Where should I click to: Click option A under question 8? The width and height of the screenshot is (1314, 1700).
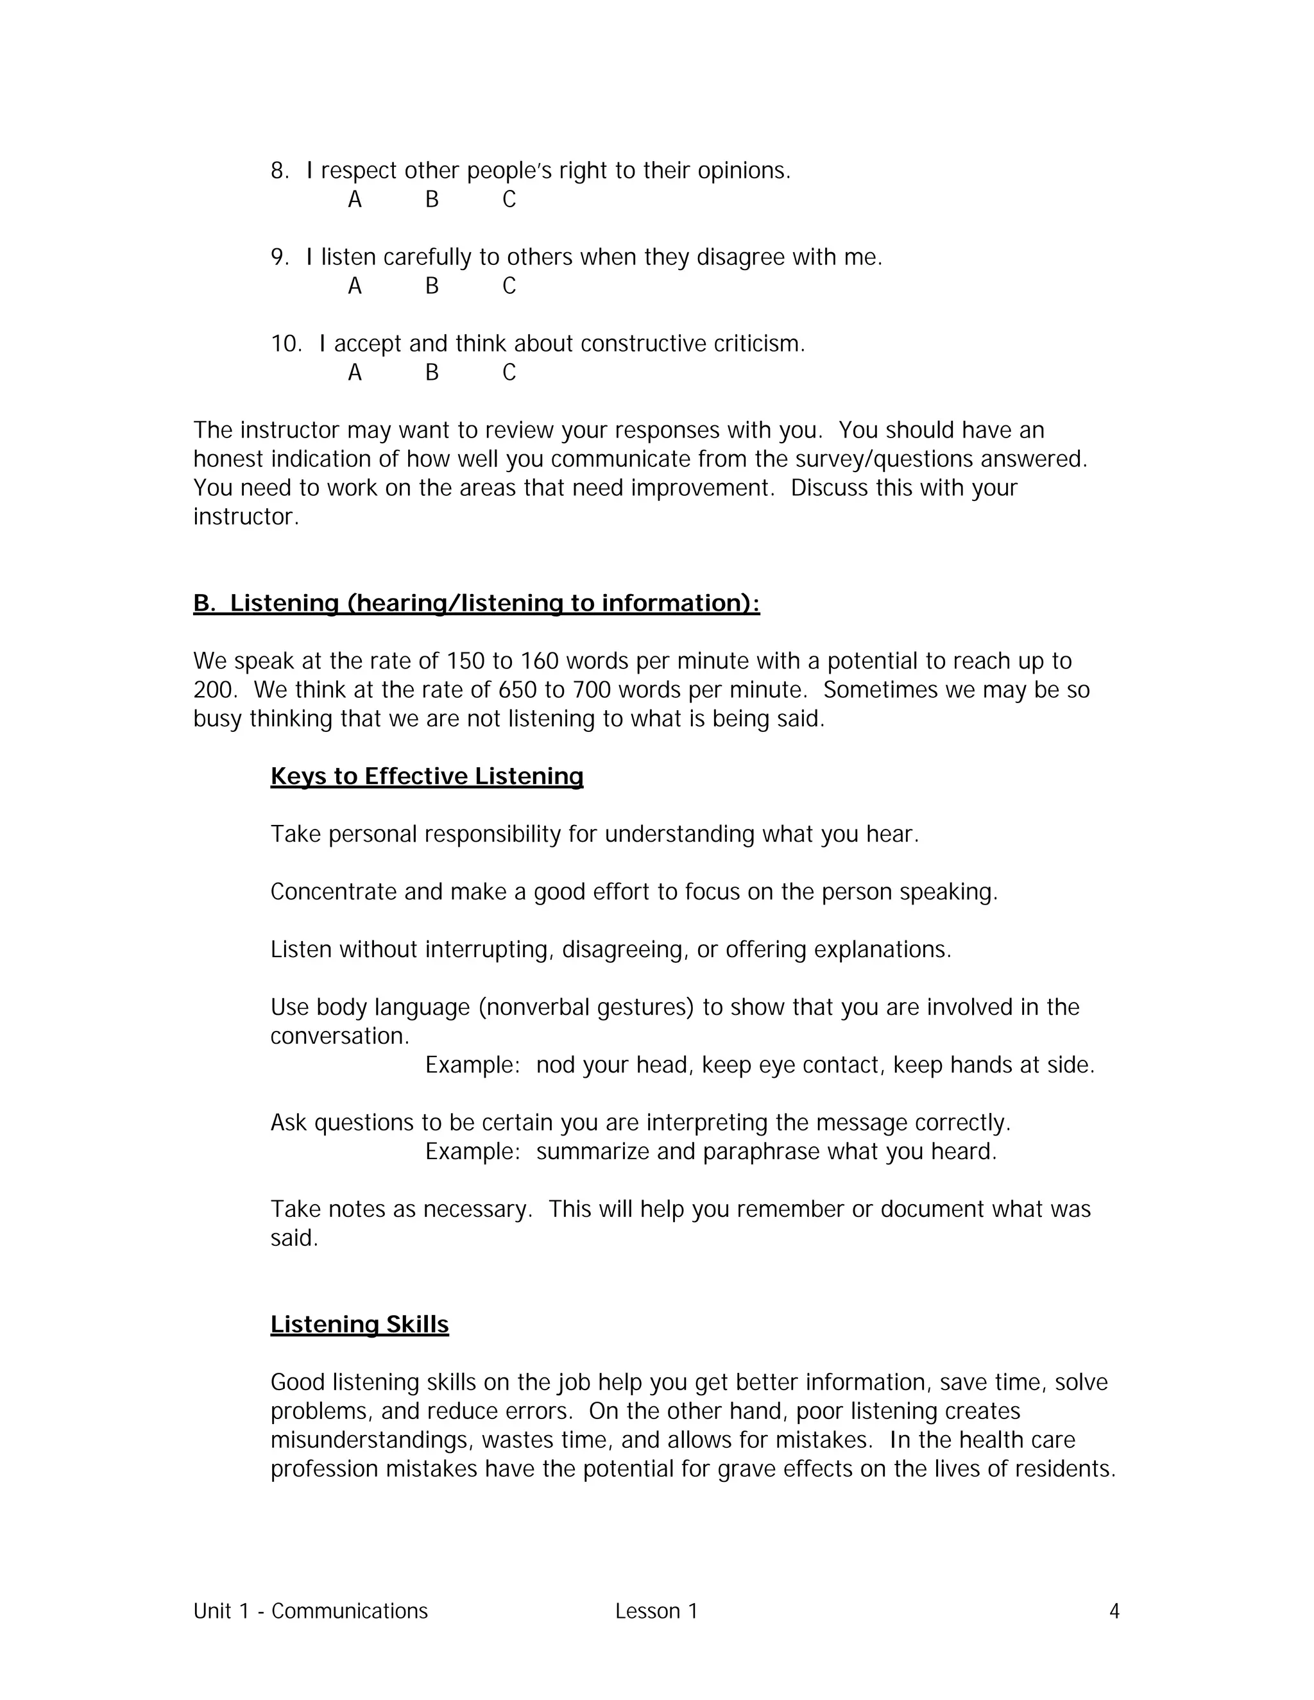[354, 200]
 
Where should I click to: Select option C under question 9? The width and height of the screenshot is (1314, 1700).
[509, 287]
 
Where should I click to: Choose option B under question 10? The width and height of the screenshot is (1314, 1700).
[432, 373]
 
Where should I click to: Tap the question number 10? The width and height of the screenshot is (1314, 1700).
[285, 343]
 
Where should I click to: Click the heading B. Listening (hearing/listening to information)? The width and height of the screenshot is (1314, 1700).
[477, 603]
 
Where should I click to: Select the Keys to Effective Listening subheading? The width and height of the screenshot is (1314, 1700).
[427, 776]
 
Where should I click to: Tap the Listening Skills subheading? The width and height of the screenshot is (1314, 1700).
[360, 1324]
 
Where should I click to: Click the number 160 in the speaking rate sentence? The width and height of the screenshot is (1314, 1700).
[540, 661]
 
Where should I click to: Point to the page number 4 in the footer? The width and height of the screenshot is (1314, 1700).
[1114, 1610]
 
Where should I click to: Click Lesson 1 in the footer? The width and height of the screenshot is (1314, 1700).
[656, 1610]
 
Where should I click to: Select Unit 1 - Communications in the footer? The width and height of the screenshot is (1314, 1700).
[311, 1610]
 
